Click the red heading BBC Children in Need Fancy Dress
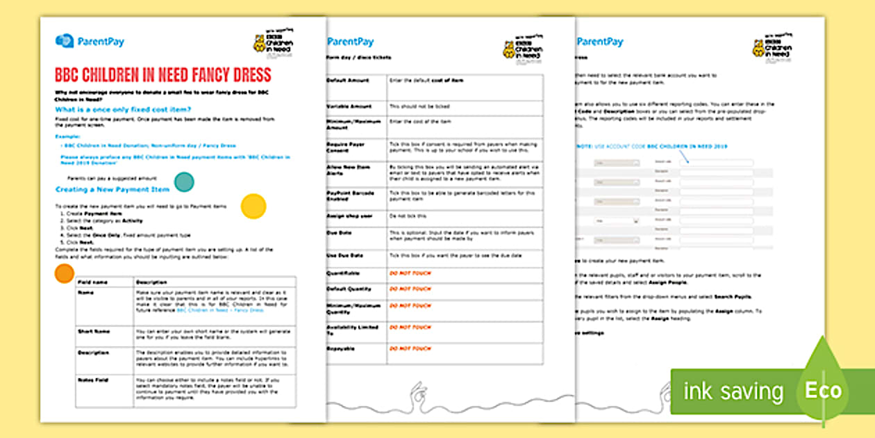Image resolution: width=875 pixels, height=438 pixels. pyautogui.click(x=162, y=75)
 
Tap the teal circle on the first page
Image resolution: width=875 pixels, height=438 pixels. pyautogui.click(x=184, y=182)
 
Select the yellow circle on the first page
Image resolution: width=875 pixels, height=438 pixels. pyautogui.click(x=253, y=206)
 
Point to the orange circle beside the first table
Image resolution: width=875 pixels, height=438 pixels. pyautogui.click(x=64, y=273)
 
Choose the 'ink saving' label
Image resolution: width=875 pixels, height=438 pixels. pyautogui.click(x=733, y=391)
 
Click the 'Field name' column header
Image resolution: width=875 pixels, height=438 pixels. pyautogui.click(x=92, y=282)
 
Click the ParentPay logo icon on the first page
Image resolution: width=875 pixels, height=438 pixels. pyautogui.click(x=64, y=41)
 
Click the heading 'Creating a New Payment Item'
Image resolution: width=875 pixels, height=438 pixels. pyautogui.click(x=112, y=189)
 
